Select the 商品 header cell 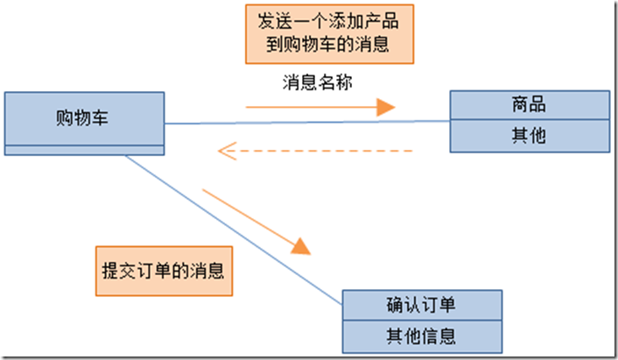(x=529, y=105)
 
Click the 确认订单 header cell (x=420, y=305)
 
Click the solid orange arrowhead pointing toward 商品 (x=385, y=108)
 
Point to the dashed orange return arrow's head (x=226, y=152)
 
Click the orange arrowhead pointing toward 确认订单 (x=301, y=245)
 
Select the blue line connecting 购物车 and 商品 (x=306, y=123)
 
